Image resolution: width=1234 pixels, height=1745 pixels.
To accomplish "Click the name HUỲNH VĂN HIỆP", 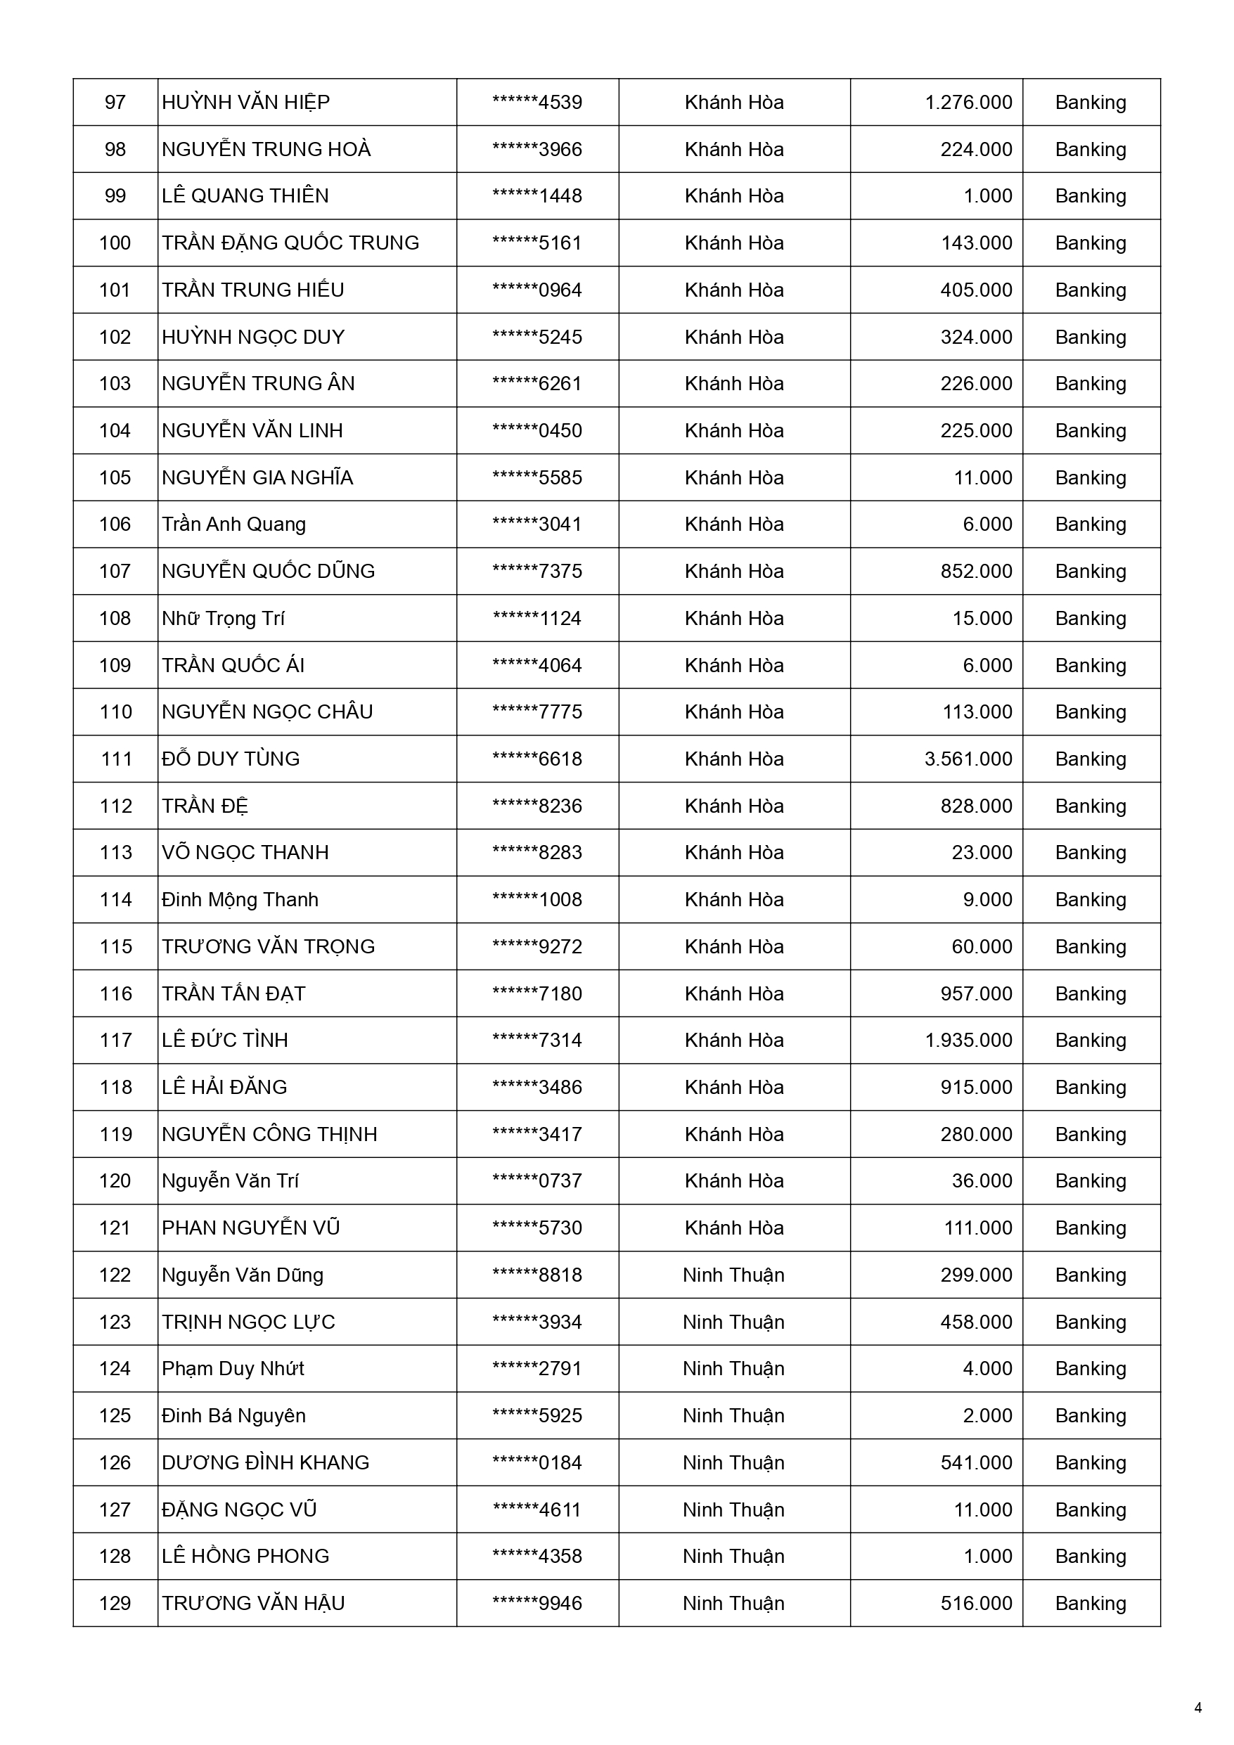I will point(245,103).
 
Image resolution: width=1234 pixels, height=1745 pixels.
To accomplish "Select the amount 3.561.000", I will point(968,759).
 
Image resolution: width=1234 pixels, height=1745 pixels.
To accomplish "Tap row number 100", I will point(115,243).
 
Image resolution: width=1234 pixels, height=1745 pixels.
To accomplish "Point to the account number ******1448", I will point(536,196).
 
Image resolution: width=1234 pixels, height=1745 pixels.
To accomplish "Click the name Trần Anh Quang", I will point(233,524).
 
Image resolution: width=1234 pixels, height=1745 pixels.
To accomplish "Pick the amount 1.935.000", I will point(968,1040).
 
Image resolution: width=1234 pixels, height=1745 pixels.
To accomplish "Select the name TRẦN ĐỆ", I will point(205,806).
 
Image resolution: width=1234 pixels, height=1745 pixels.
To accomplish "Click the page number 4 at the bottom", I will point(1198,1708).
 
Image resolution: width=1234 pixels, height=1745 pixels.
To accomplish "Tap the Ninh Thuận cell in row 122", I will point(733,1275).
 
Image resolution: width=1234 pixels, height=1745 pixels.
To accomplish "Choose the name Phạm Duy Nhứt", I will point(233,1369).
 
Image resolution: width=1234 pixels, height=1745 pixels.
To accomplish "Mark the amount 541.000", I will point(976,1462).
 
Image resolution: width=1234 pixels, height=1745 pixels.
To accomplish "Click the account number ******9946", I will point(536,1603).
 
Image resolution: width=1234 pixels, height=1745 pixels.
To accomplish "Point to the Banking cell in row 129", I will point(1091,1603).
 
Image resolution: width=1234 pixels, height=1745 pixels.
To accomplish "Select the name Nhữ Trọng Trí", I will point(223,619).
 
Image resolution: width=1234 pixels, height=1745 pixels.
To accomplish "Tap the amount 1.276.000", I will point(968,103).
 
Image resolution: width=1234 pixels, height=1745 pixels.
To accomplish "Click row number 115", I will point(115,946).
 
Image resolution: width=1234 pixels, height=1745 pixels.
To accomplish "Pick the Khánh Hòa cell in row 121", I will point(733,1228).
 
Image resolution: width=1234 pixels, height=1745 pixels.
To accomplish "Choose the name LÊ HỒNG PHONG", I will point(245,1556).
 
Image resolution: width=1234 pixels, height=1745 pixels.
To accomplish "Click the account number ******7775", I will point(536,712).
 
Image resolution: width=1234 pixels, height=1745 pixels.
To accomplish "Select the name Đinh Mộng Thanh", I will point(240,900).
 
